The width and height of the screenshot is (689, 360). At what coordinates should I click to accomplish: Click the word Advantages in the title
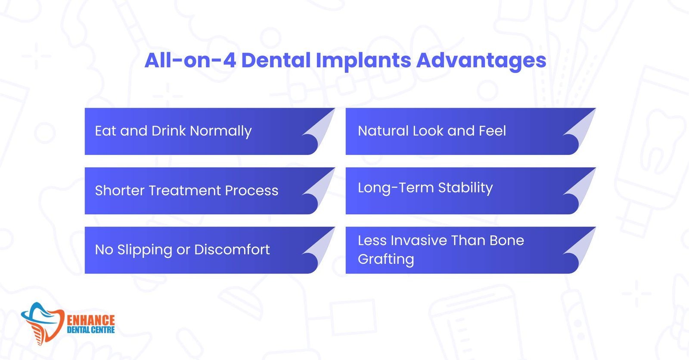[x=481, y=61]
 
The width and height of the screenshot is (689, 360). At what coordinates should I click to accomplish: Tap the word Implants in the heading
[x=363, y=61]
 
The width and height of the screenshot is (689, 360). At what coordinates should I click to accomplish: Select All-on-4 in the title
[x=190, y=60]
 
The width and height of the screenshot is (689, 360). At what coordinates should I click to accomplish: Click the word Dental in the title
[x=276, y=60]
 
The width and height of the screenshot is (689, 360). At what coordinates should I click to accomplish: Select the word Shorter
[x=120, y=190]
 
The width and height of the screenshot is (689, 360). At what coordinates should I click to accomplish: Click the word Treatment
[x=185, y=190]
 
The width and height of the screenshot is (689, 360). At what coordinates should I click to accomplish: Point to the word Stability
[x=466, y=188]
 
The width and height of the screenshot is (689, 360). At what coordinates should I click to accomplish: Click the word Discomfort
[x=232, y=249]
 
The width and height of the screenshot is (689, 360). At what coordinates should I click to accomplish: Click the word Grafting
[x=386, y=260]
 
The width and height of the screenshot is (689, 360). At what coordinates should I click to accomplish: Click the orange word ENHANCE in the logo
[x=91, y=320]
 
